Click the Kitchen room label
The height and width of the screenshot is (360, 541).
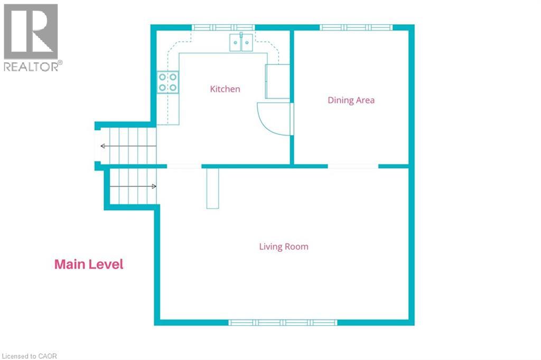[x=225, y=89]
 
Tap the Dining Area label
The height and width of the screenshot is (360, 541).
[x=351, y=100]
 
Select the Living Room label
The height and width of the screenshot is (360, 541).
[x=284, y=247]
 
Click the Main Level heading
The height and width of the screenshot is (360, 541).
[x=89, y=264]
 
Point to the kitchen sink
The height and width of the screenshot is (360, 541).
[x=241, y=42]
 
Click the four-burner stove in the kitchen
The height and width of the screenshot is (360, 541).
[x=167, y=82]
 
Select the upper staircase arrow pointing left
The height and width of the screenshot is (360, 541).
[x=128, y=146]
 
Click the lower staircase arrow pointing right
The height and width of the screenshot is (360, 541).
[x=133, y=186]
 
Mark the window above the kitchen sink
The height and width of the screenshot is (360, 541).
[x=223, y=27]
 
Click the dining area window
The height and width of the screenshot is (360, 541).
[x=356, y=27]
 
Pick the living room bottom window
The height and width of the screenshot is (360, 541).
[x=283, y=323]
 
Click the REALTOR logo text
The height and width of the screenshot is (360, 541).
[x=31, y=67]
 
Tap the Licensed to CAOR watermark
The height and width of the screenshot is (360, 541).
[x=30, y=356]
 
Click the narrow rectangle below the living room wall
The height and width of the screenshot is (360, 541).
[x=212, y=188]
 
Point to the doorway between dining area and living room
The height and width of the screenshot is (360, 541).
[x=353, y=167]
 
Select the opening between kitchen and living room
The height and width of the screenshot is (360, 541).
[x=184, y=167]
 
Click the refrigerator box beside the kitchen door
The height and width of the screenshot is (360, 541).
[x=277, y=81]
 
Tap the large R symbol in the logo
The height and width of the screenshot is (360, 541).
[x=31, y=31]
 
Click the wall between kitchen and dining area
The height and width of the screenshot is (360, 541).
[x=292, y=97]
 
